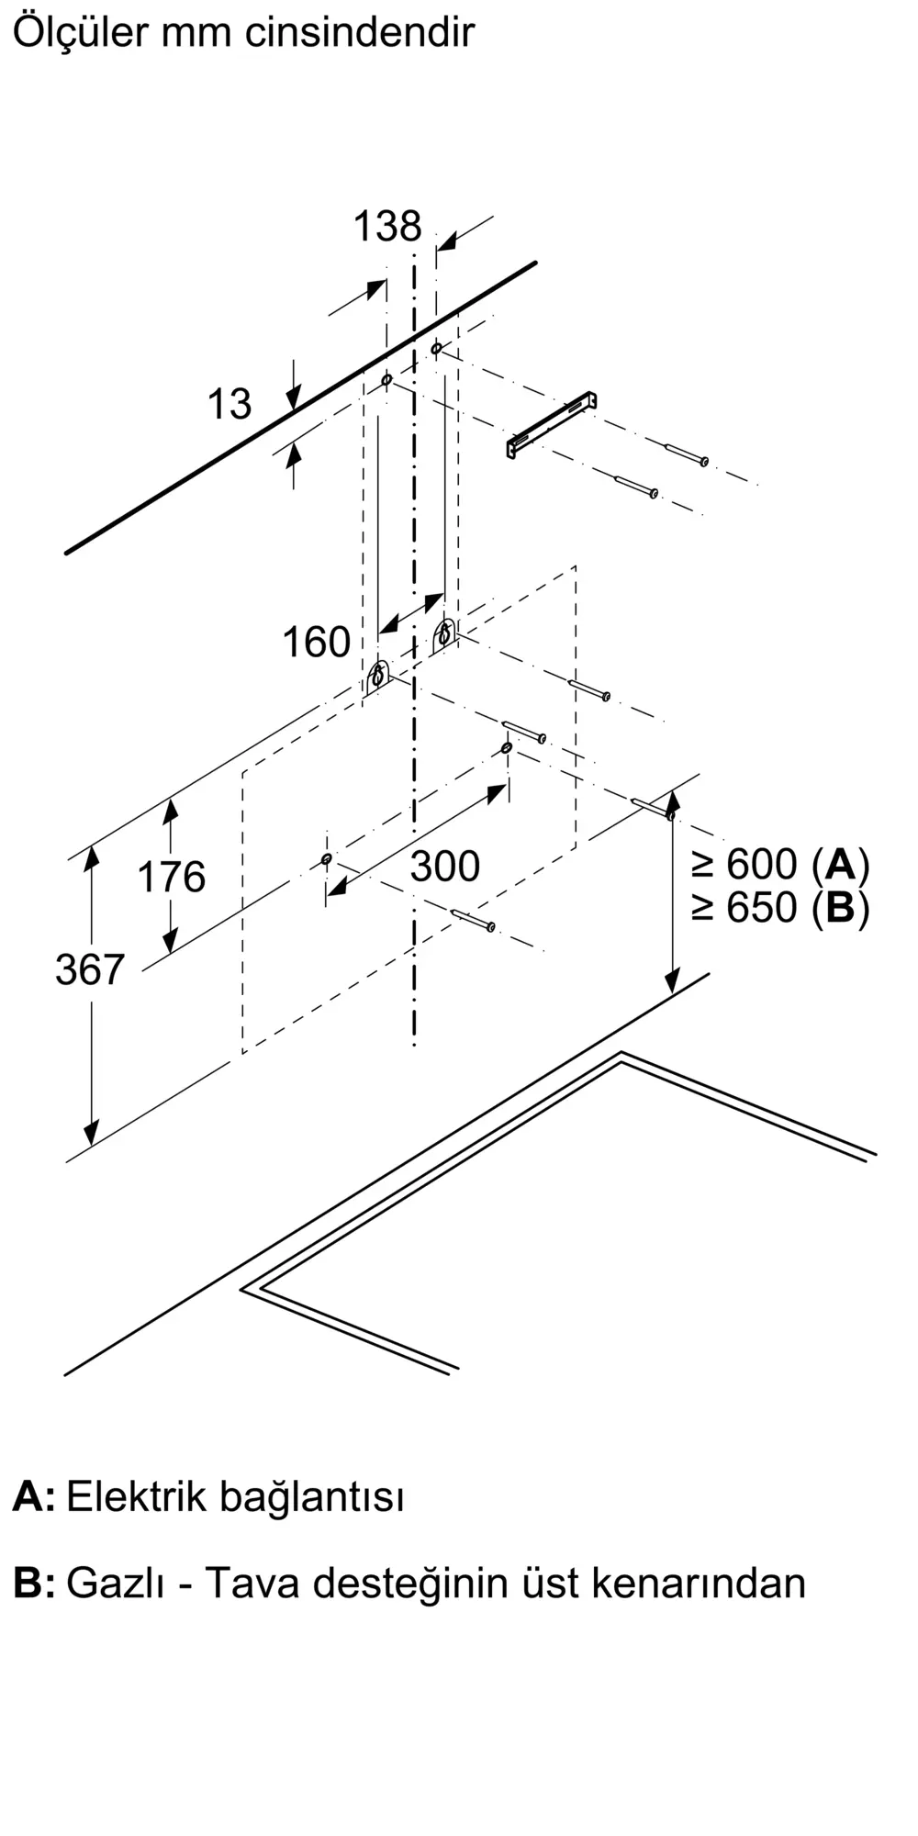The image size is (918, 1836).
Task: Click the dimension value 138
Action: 387,227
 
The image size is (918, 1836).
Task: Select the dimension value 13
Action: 229,404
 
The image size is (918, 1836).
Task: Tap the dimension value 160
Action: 316,642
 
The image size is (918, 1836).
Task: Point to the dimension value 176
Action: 172,877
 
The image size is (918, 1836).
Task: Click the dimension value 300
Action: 444,866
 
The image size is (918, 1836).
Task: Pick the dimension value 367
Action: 89,969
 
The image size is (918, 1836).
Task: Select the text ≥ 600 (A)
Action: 780,864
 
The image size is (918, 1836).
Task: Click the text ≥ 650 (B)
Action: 780,908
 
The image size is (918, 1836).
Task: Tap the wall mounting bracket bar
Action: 552,424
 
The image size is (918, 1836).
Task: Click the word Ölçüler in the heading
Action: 80,33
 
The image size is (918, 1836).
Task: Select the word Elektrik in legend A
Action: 136,1496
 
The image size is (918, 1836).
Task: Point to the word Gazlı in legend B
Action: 115,1584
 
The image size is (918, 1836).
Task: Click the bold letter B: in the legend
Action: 33,1584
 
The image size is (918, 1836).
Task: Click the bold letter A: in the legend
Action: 33,1496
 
